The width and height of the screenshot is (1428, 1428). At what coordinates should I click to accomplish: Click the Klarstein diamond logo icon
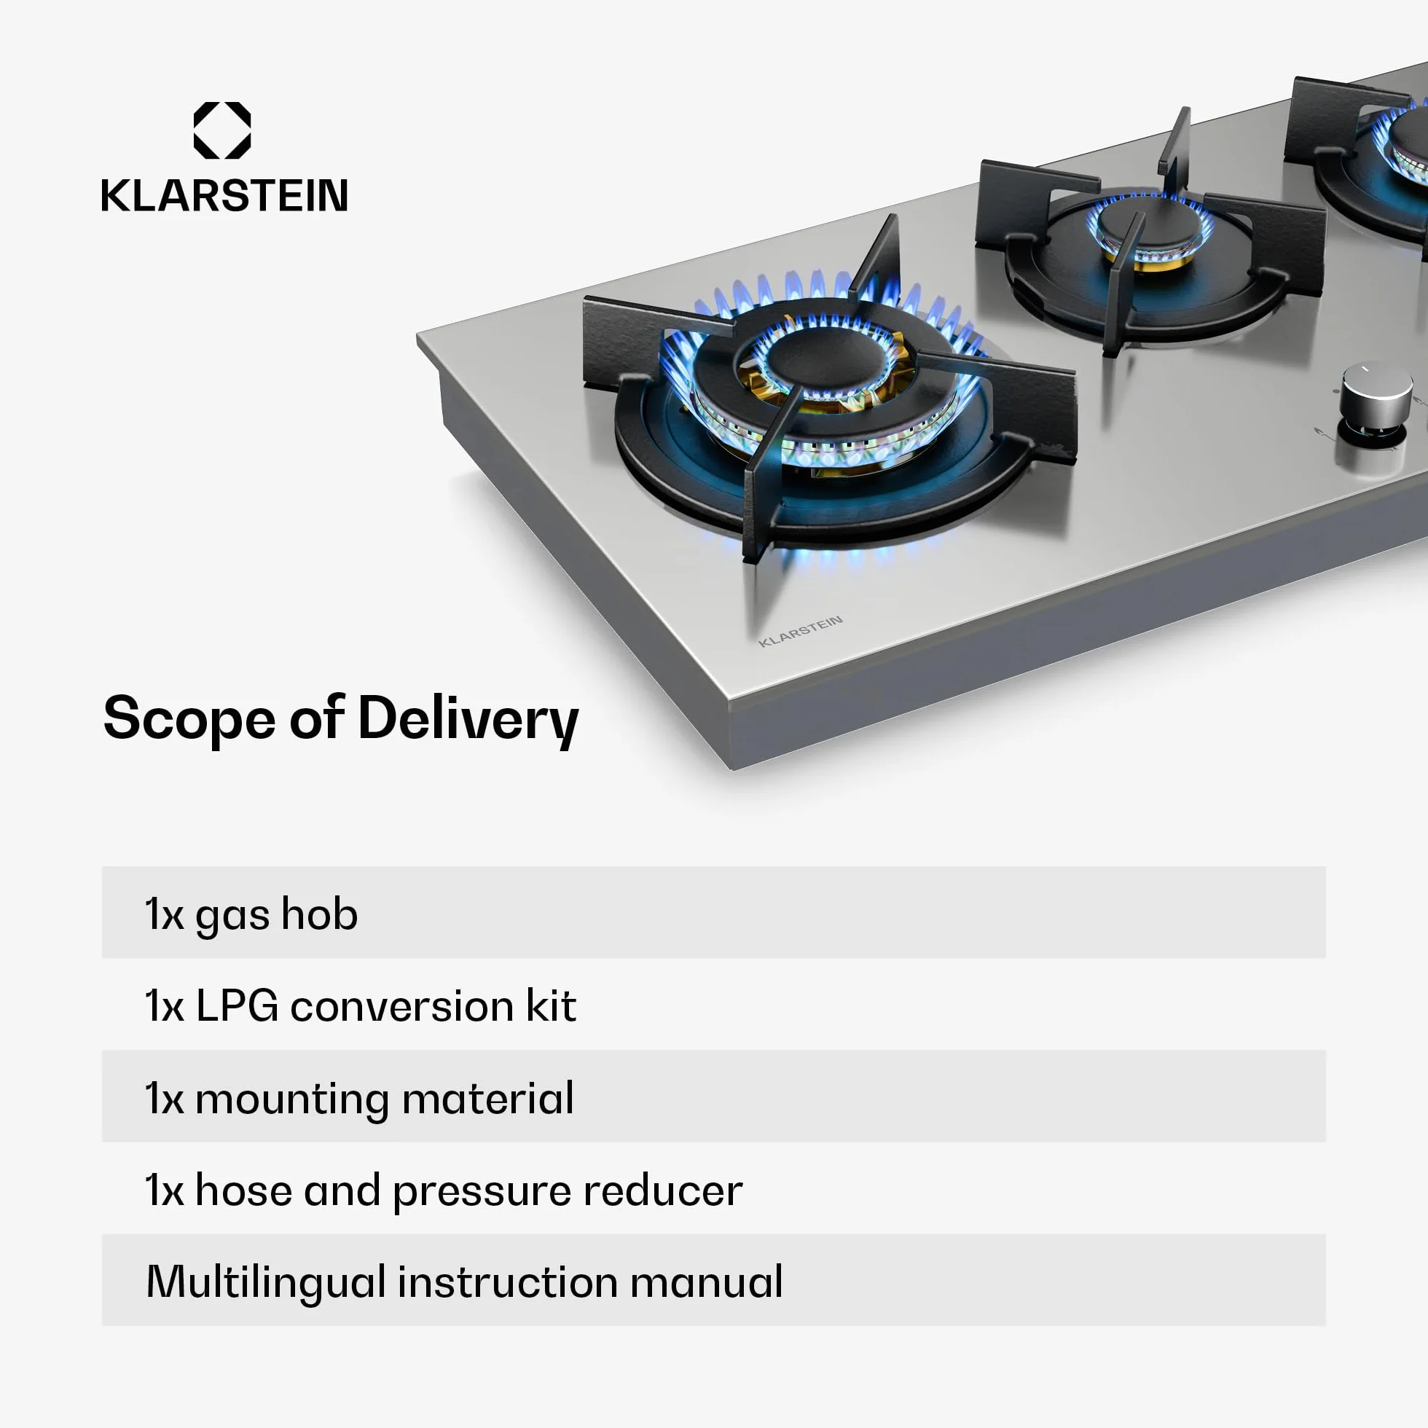[221, 130]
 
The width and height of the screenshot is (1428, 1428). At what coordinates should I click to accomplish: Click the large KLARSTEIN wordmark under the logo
[224, 196]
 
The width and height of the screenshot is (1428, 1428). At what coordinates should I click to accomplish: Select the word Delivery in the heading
[468, 721]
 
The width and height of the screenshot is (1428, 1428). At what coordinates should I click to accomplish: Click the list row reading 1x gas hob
[713, 913]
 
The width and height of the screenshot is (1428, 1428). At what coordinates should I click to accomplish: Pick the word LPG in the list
[238, 1006]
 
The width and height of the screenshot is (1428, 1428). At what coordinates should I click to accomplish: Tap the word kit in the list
[551, 1005]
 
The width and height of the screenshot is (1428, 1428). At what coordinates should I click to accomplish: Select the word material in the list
[488, 1098]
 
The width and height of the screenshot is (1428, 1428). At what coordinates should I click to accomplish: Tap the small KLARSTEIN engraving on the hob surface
[801, 630]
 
